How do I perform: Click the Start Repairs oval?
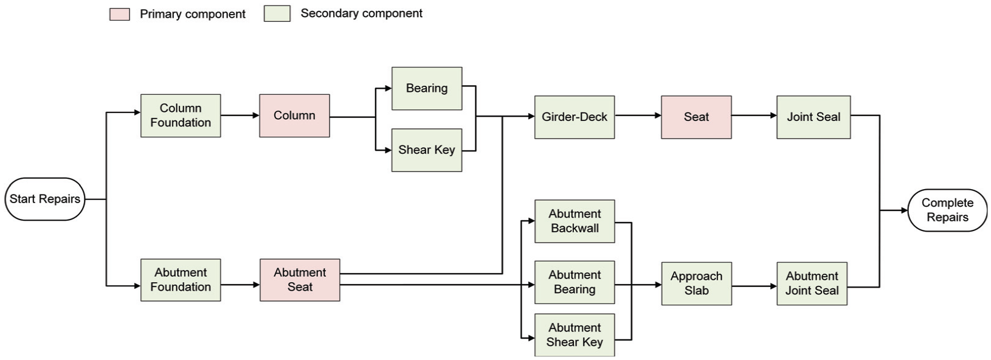(x=44, y=199)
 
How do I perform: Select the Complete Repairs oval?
(x=947, y=210)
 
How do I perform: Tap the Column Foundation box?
(x=181, y=116)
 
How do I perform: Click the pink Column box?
(x=294, y=116)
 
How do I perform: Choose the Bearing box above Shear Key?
(x=427, y=88)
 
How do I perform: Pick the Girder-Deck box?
(x=575, y=117)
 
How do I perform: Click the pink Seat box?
(x=696, y=117)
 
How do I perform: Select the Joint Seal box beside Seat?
(x=813, y=117)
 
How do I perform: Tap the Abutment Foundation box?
(x=181, y=280)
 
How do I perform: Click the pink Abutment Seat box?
(x=300, y=280)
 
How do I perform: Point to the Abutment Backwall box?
(x=575, y=221)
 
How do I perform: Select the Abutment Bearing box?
(x=575, y=282)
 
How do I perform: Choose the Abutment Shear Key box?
(x=575, y=335)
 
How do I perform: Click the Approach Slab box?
(x=696, y=283)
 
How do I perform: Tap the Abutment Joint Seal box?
(x=812, y=283)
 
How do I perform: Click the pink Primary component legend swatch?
(x=119, y=14)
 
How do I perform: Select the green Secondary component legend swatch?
(x=277, y=14)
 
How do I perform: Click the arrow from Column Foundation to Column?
(x=240, y=116)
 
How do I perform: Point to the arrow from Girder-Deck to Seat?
(x=638, y=116)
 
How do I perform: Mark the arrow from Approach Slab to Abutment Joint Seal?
(x=754, y=286)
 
